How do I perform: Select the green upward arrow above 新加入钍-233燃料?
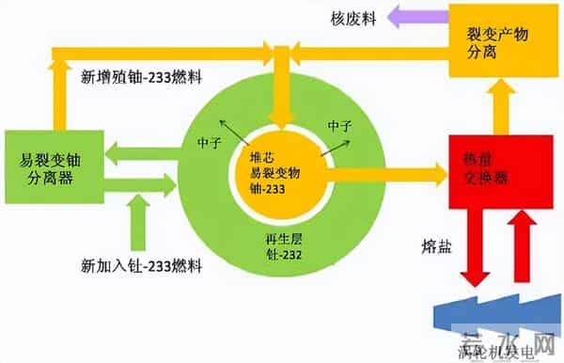138,222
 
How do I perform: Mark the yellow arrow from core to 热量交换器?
385,172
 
